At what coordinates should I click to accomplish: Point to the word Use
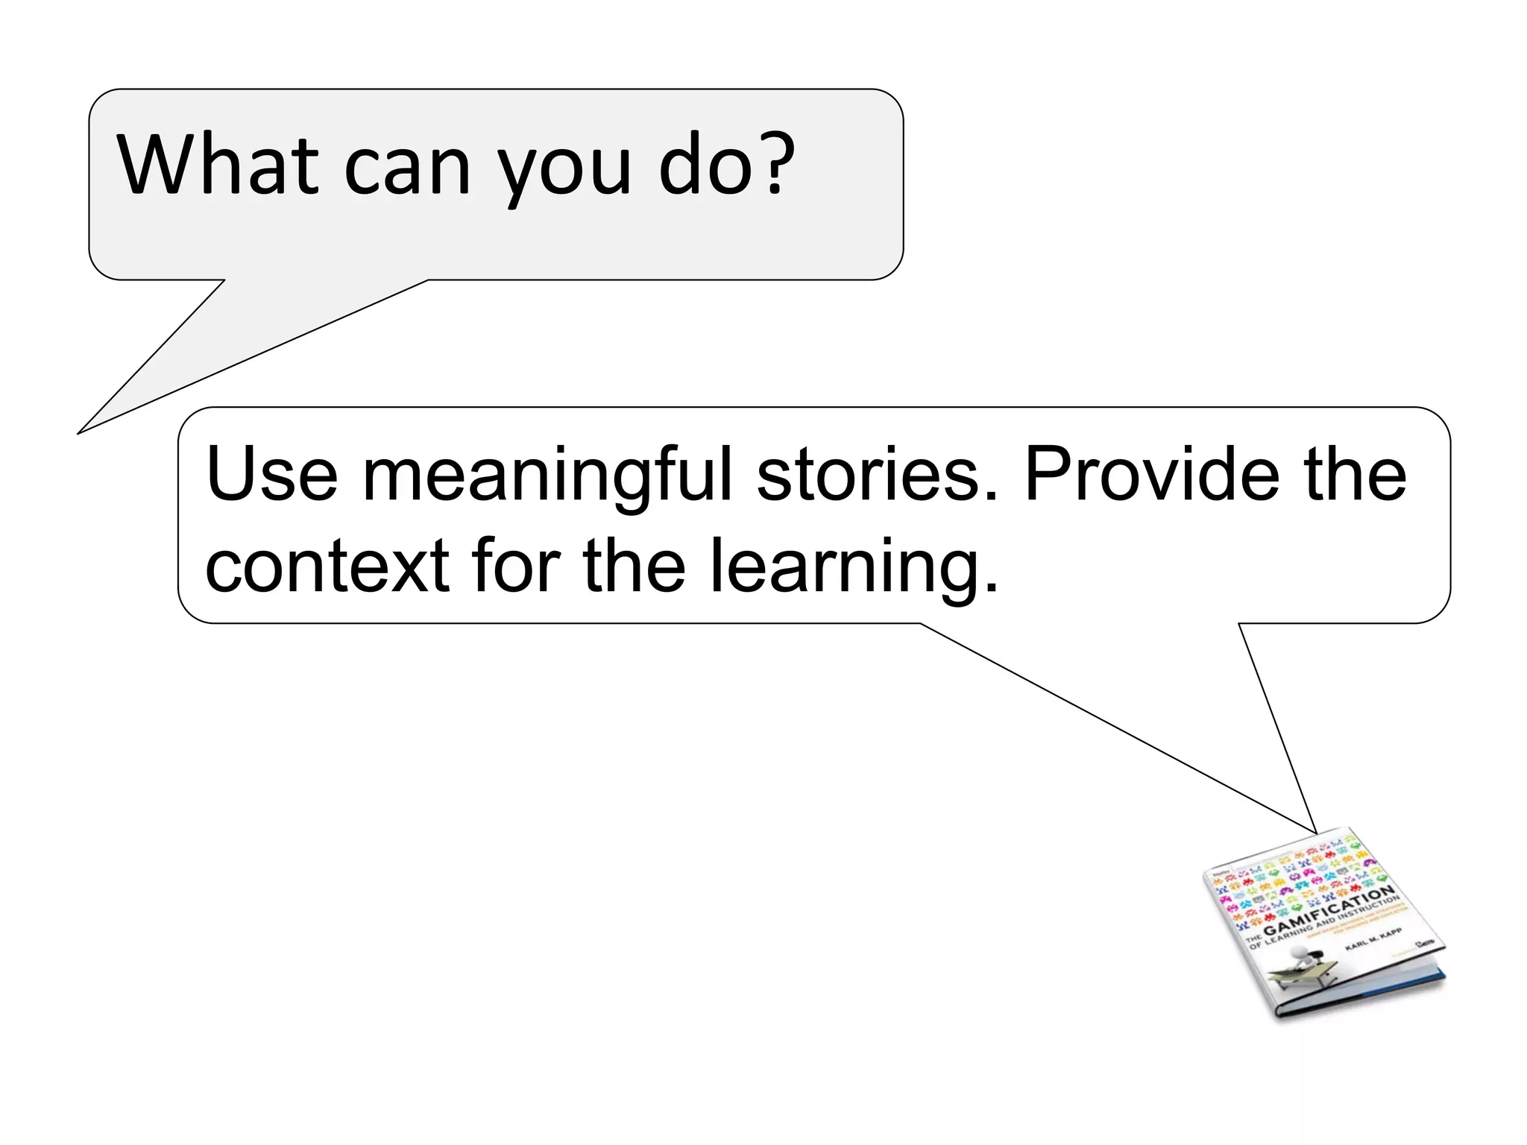271,475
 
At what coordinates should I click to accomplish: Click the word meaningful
548,477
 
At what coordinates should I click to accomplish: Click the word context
327,567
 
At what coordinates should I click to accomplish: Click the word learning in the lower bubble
854,568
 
